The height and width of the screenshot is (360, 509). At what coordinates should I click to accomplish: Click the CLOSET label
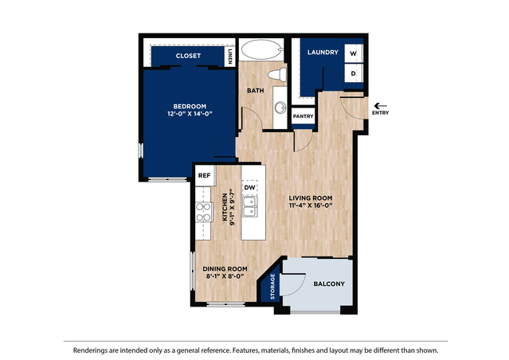tap(187, 57)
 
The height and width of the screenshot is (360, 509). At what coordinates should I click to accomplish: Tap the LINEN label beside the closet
tap(230, 56)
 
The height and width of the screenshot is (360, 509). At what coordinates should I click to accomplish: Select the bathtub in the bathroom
tap(260, 50)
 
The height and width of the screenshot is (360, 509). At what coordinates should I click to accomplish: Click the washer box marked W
tap(354, 53)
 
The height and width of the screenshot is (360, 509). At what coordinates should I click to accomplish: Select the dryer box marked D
tap(354, 73)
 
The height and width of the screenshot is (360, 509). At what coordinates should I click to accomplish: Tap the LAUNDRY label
tap(323, 53)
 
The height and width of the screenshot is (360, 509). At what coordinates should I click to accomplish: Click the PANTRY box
tap(303, 116)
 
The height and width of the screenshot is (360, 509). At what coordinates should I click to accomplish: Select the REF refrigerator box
tap(205, 175)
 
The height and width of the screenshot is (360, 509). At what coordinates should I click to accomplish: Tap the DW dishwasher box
tap(249, 188)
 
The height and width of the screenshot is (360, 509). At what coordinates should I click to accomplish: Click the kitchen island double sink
tap(249, 207)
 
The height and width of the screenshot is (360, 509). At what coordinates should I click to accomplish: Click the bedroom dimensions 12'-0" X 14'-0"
tap(190, 114)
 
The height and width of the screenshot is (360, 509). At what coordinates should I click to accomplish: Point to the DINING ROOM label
tap(224, 269)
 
